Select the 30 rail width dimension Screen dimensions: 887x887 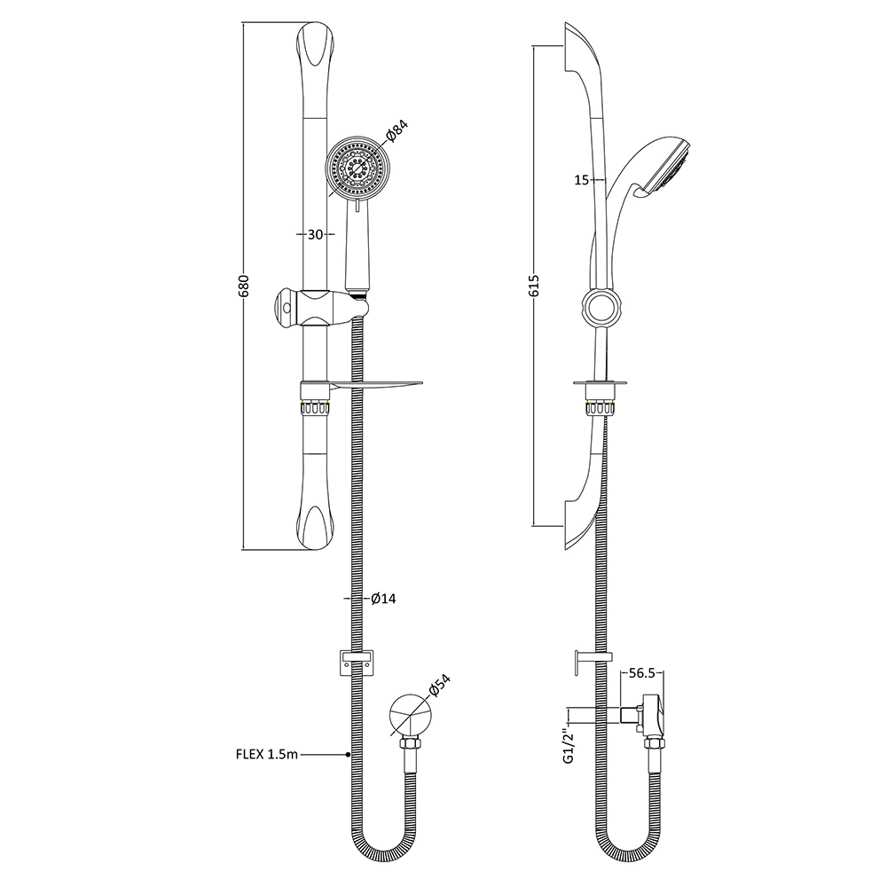(x=314, y=234)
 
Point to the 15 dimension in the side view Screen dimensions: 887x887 (x=582, y=180)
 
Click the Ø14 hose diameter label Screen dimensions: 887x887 (x=383, y=599)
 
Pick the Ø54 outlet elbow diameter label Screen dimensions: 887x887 (x=440, y=689)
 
